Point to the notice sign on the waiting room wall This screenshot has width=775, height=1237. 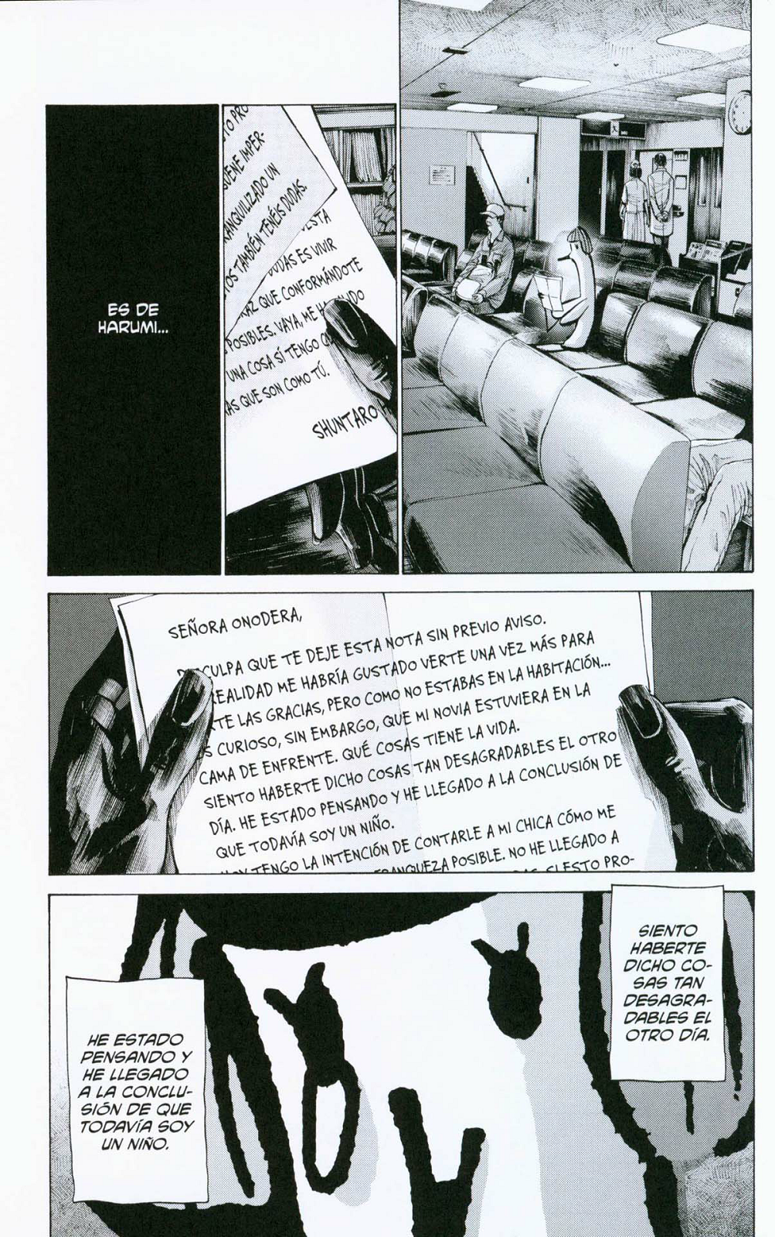click(443, 176)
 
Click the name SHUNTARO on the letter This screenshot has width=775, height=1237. click(347, 421)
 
